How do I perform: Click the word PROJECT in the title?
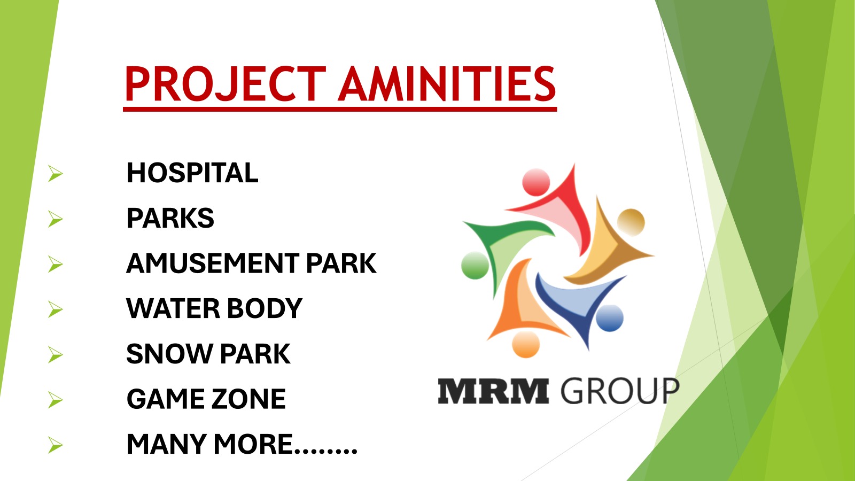[226, 84]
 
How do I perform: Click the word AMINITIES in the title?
[447, 84]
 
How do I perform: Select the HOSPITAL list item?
[192, 173]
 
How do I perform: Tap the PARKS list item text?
[170, 218]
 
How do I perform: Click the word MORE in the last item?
[253, 444]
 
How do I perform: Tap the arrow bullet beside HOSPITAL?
[56, 174]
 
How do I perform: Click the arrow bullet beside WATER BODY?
[56, 309]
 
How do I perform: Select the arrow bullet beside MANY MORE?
[56, 446]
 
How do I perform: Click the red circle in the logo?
[536, 182]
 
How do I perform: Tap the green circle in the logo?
[475, 265]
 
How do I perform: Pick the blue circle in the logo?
[610, 318]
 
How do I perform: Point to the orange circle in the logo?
[526, 344]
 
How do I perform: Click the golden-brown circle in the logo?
[631, 222]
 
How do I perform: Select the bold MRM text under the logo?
[494, 391]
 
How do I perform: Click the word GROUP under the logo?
[620, 391]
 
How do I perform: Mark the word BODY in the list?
[264, 308]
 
